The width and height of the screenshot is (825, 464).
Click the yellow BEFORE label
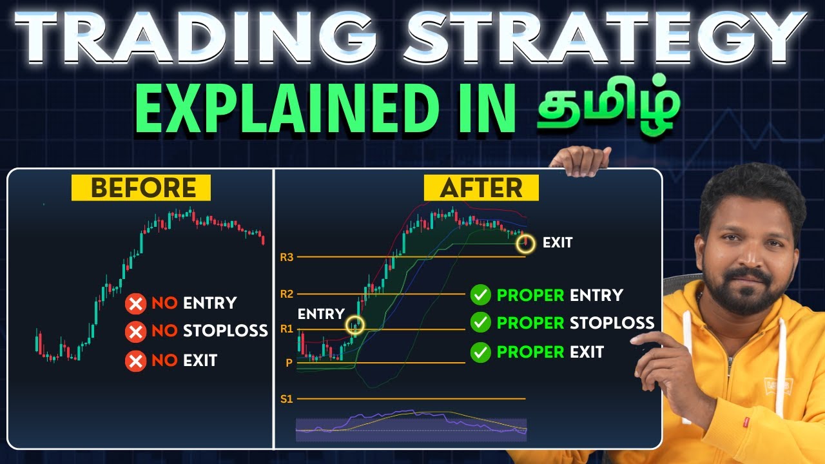143,188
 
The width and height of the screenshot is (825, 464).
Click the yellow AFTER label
481,188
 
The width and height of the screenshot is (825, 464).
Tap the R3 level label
287,257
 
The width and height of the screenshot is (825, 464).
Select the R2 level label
287,294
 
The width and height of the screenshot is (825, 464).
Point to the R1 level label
287,329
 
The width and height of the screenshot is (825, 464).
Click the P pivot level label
289,363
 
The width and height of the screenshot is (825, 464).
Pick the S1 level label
287,399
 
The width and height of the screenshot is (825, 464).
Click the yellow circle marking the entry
354,325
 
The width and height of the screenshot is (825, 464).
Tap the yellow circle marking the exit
526,242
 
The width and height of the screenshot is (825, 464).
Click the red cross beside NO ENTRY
135,303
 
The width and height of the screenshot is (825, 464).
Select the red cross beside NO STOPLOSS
135,332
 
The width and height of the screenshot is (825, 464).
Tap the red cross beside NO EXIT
135,361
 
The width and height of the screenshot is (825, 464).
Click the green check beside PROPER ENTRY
480,295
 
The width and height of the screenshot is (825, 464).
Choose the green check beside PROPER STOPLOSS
480,322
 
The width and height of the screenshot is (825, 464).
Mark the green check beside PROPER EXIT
480,352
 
